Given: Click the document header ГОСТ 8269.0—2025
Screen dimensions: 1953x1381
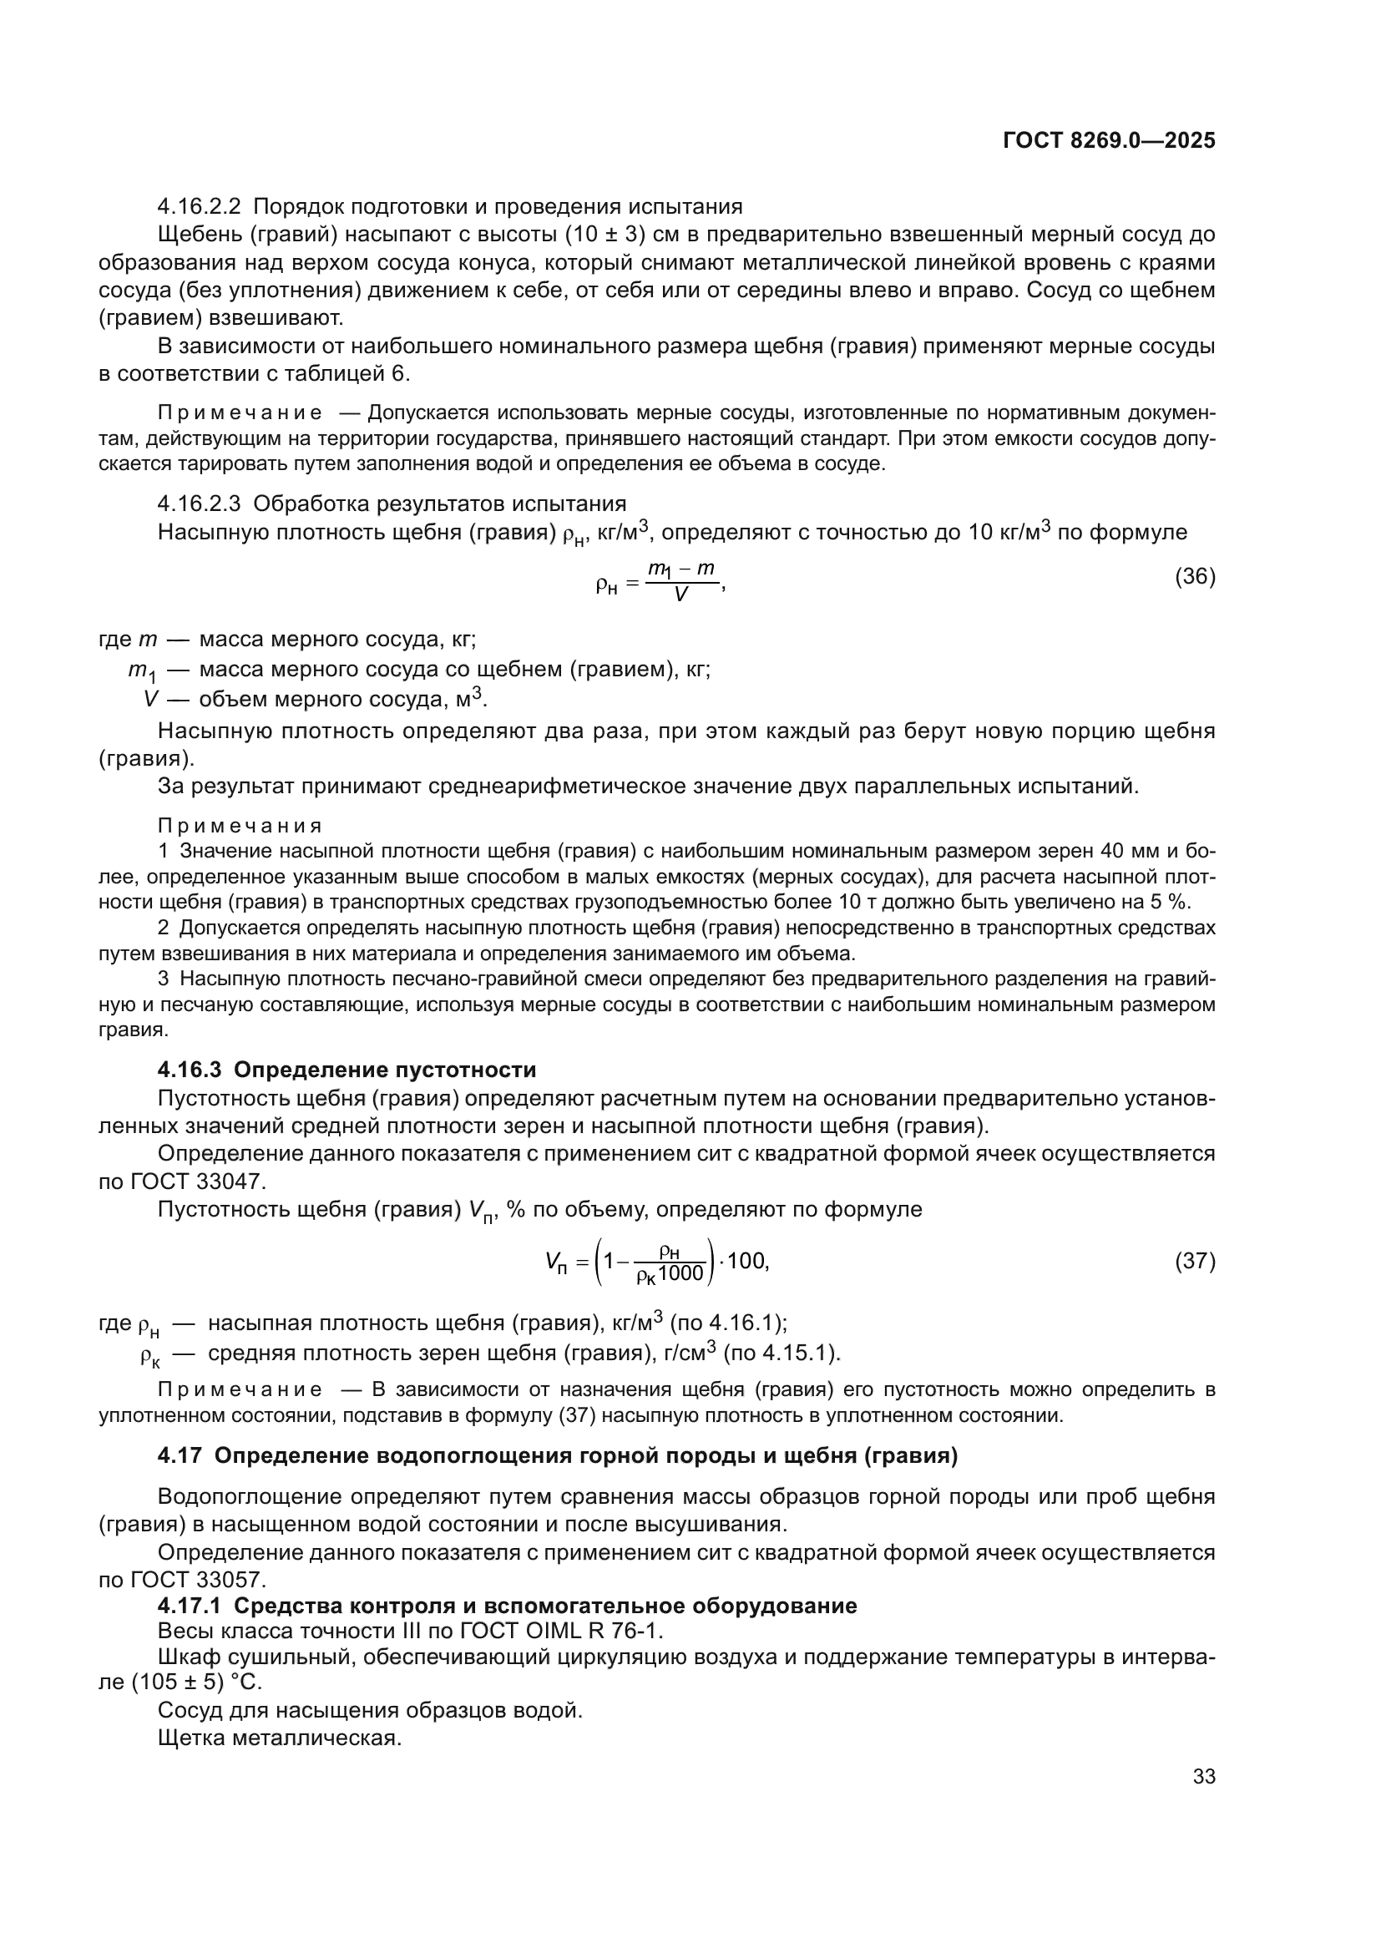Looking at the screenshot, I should point(1109,140).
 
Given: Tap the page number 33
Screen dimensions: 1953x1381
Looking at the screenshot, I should point(1204,1776).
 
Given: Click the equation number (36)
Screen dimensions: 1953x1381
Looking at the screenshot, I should point(1195,577).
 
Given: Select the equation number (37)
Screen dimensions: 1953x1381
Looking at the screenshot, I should point(1195,1261).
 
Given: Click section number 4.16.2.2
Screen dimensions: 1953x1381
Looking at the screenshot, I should point(199,207).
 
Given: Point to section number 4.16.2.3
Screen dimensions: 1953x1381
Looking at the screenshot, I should point(199,504).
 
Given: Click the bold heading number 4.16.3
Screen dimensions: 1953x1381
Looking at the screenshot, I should point(189,1070).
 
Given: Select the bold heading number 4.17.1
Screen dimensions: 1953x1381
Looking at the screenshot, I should point(189,1606).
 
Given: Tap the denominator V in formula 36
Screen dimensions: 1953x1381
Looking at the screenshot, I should point(680,595).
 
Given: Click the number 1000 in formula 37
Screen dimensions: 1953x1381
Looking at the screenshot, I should point(681,1273).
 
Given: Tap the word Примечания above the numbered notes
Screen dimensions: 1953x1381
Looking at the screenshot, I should point(240,826).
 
